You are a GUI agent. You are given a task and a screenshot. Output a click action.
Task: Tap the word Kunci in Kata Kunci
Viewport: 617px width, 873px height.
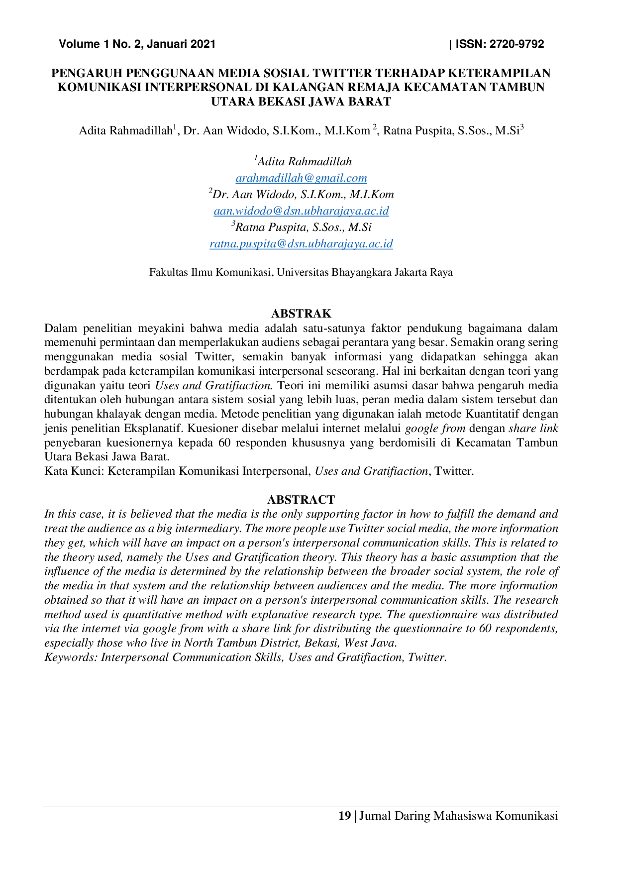pyautogui.click(x=85, y=471)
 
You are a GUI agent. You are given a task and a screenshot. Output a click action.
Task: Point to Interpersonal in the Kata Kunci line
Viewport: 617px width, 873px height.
pyautogui.click(x=276, y=471)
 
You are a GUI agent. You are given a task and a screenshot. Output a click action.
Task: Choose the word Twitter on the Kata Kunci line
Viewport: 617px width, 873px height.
pyautogui.click(x=454, y=471)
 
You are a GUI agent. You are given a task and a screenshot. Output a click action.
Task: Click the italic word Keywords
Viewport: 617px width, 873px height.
pyautogui.click(x=71, y=657)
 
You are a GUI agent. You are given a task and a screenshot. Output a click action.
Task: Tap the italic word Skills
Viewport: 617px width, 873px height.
pyautogui.click(x=269, y=657)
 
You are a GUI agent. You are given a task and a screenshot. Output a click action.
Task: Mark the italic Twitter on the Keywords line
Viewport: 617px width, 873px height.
pyautogui.click(x=426, y=657)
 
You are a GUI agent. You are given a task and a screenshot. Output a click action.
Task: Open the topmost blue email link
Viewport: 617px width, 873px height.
pyautogui.click(x=302, y=179)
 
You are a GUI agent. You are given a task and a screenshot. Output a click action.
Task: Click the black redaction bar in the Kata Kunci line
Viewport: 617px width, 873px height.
pyautogui.click(x=371, y=471)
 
